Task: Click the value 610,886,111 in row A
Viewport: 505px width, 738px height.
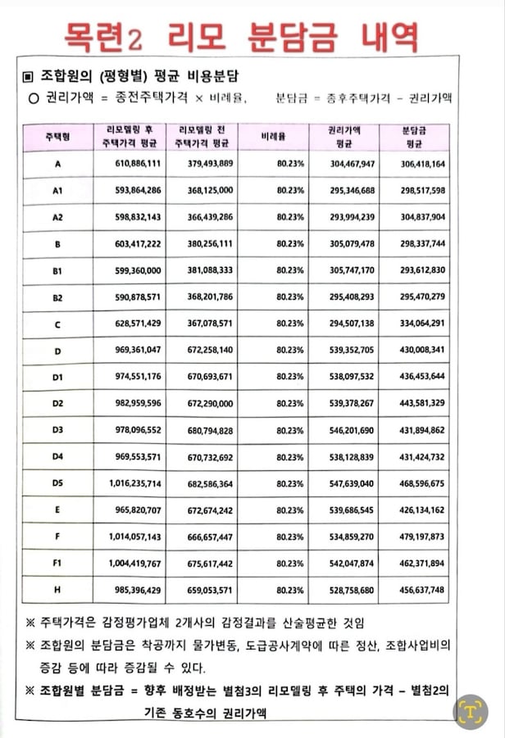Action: pos(138,164)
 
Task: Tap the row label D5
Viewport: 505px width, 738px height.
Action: pos(57,484)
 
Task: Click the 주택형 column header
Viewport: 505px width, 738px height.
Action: pos(57,137)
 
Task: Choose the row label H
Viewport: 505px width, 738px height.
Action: pos(57,590)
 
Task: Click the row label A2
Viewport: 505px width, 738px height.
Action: pos(57,217)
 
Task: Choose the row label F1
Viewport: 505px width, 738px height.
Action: pos(57,564)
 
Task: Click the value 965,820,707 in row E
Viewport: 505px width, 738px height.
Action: pos(138,510)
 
